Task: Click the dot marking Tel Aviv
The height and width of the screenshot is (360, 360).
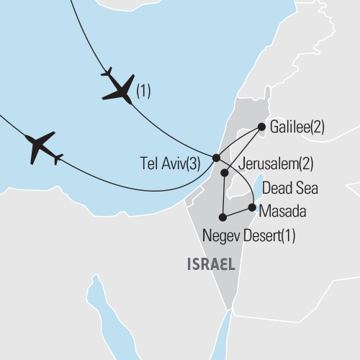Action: coord(216,158)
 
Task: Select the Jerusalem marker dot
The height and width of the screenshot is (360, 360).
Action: coord(225,173)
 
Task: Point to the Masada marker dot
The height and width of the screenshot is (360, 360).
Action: coord(251,208)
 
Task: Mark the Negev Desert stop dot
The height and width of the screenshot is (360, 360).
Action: coord(224,217)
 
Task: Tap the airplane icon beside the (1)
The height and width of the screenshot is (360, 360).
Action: coord(117,89)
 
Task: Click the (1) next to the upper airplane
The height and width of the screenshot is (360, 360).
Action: coord(144,91)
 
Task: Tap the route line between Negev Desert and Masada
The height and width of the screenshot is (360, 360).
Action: coord(238,212)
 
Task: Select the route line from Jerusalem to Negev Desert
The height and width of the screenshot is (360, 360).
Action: coord(223,194)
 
